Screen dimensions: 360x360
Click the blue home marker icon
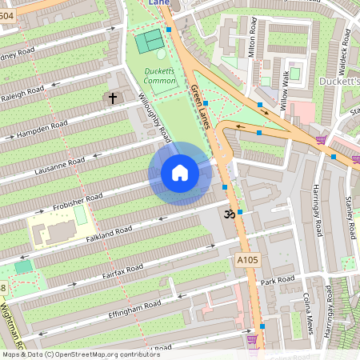click(x=180, y=173)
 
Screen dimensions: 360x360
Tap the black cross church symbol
click(x=112, y=98)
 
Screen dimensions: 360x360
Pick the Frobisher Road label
click(x=78, y=196)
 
